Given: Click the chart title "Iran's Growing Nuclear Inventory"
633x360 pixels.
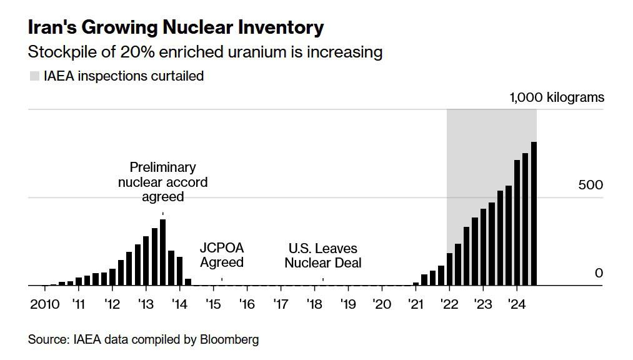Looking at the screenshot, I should point(176,27).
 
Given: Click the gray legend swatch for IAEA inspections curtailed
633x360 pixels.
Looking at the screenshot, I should point(34,76).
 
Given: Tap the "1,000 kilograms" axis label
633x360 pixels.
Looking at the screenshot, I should point(557,97).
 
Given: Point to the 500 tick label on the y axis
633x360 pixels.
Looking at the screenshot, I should point(590,185).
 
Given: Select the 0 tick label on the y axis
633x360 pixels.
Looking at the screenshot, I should point(599,273).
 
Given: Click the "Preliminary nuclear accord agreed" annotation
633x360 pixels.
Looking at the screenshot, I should point(162,182).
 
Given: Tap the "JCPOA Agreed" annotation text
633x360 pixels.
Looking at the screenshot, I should point(222,256).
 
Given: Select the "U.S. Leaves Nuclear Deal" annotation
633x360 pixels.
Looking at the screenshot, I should point(323,256).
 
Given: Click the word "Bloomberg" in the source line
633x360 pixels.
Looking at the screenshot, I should point(229,340).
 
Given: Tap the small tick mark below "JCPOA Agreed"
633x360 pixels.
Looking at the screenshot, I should point(222,279).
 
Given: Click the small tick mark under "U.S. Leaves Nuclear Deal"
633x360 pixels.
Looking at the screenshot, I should point(323,279).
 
